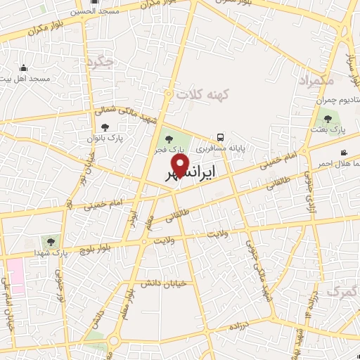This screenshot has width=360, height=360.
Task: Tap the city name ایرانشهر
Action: click(191, 172)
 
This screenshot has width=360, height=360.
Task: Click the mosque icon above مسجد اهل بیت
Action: click(23, 68)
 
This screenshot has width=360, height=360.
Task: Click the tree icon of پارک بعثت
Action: click(327, 119)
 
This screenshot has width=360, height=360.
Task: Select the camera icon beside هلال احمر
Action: click(343, 153)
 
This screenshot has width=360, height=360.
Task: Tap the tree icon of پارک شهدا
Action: click(49, 242)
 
